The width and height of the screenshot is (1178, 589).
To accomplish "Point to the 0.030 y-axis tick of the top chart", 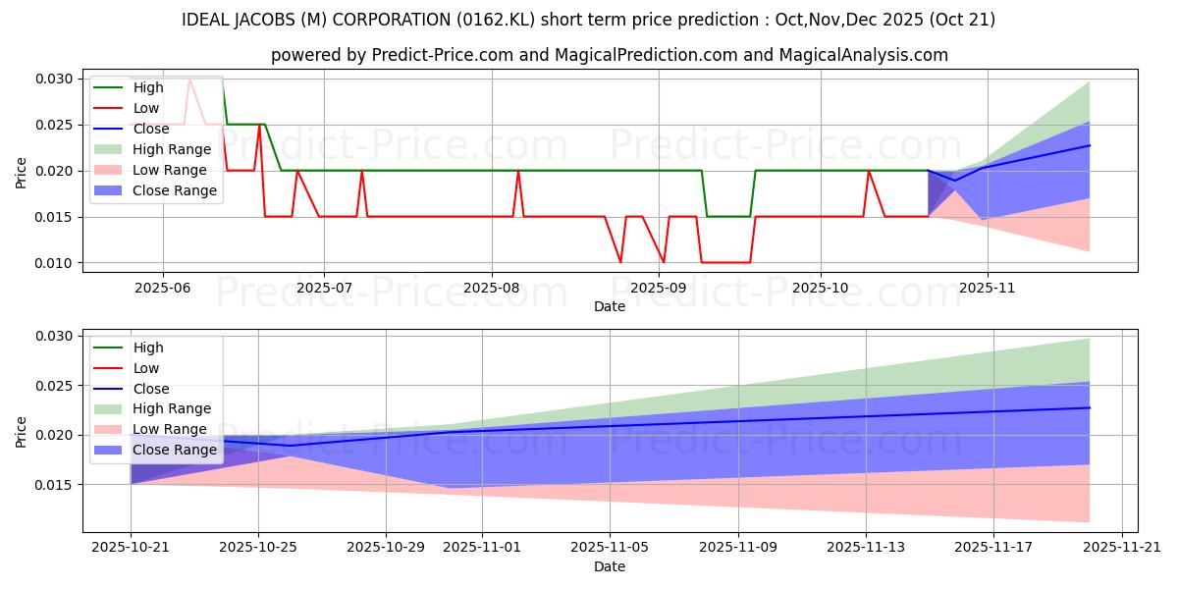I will click(x=55, y=79).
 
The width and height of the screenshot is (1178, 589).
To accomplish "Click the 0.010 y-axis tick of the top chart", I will click(x=55, y=263).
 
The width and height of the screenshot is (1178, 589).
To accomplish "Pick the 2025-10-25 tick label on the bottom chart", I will click(x=258, y=547).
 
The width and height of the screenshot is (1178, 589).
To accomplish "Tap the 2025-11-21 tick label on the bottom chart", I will click(x=1121, y=547).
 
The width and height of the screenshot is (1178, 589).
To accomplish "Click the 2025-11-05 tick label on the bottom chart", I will click(x=611, y=547).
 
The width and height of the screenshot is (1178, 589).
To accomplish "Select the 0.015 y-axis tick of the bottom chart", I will click(x=55, y=485).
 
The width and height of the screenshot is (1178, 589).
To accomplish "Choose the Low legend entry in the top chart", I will click(x=147, y=108).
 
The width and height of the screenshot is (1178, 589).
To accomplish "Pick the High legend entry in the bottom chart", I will click(x=148, y=348).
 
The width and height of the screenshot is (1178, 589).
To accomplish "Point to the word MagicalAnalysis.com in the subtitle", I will click(x=863, y=55).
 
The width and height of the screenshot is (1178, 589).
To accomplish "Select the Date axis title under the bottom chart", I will click(x=609, y=566).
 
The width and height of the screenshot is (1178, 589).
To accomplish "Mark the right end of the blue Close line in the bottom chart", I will click(x=1090, y=407).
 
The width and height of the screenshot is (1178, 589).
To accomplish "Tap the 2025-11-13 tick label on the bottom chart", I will click(x=866, y=547).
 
